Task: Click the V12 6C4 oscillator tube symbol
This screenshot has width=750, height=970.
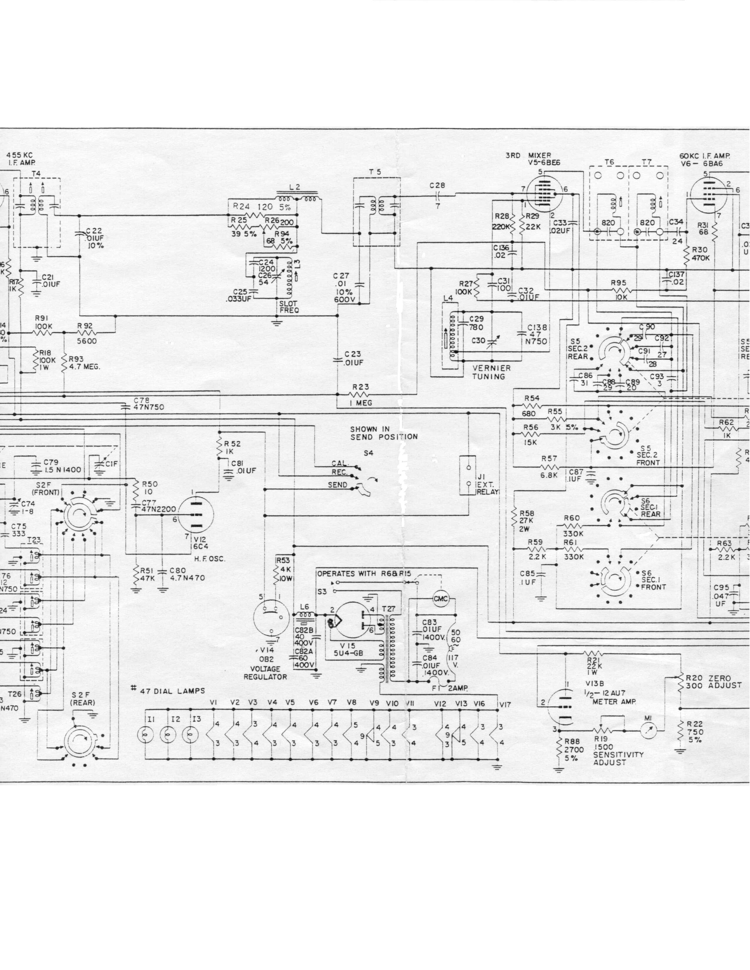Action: pos(196,515)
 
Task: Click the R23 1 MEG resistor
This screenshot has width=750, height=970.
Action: pos(360,394)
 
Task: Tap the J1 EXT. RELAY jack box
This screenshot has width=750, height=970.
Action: pos(468,475)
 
